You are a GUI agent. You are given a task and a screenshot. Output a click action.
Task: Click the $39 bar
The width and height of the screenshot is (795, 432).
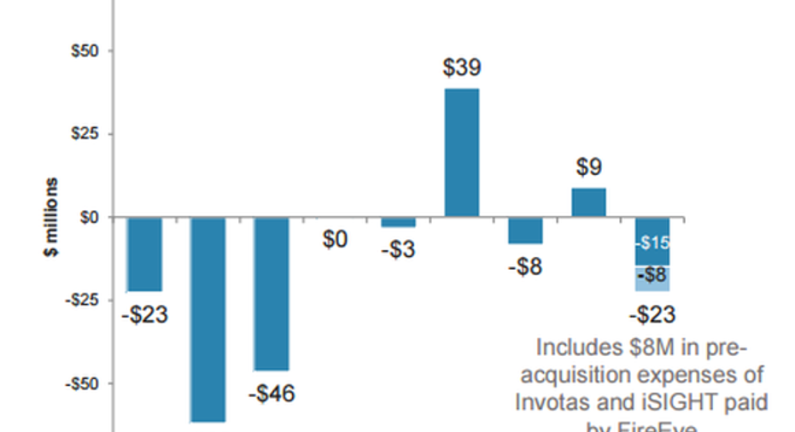(462, 153)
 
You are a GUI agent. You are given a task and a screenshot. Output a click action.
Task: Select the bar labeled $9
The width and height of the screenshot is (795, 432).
(588, 202)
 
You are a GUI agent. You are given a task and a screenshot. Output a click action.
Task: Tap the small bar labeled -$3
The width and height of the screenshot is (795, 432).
(398, 222)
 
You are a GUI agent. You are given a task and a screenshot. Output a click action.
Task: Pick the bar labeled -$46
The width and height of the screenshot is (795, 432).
(272, 293)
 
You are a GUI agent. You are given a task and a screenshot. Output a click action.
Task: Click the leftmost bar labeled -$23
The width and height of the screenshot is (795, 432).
(144, 254)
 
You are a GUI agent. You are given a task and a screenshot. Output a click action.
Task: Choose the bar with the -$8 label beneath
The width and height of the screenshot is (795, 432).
(525, 231)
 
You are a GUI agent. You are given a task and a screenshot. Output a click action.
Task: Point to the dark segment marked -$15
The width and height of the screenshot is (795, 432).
(652, 242)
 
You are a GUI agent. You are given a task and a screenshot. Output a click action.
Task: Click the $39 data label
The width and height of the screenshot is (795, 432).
(462, 69)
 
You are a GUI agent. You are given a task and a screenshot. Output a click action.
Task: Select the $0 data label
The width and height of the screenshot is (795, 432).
(335, 241)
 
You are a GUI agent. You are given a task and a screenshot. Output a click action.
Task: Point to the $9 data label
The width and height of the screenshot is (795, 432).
(588, 168)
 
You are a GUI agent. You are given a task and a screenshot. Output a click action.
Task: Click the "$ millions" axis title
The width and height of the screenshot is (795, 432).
(53, 217)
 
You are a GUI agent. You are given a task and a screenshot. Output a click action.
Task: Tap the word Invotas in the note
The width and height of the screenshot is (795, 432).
(566, 402)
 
